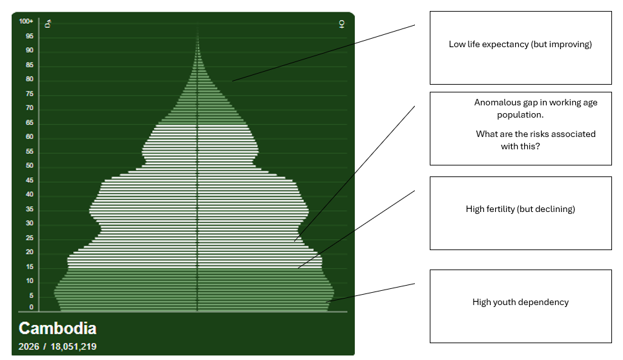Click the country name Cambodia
click(x=57, y=328)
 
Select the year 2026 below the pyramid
click(x=29, y=347)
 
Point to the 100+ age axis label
click(x=26, y=21)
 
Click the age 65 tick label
click(x=30, y=123)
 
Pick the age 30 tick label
click(x=30, y=224)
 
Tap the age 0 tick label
click(x=31, y=307)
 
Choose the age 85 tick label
click(x=30, y=65)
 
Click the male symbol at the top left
click(x=48, y=24)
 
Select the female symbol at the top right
click(x=341, y=24)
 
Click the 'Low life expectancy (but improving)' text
click(x=520, y=45)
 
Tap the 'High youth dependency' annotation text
click(x=520, y=302)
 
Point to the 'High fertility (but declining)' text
click(x=520, y=209)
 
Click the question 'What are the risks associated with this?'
click(x=535, y=140)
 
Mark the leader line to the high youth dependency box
click(x=372, y=292)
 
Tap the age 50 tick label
click(x=30, y=166)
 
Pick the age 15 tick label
click(x=30, y=267)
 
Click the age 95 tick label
click(x=30, y=36)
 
